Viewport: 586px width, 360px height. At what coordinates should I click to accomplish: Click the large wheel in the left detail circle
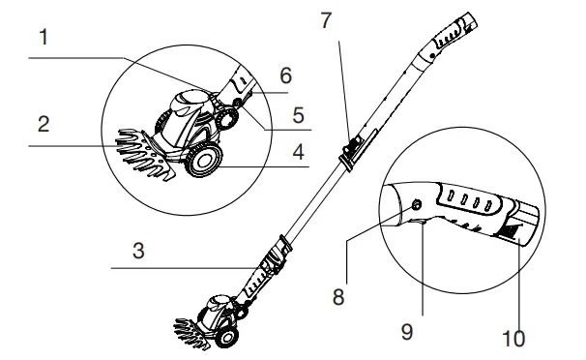tap(203, 162)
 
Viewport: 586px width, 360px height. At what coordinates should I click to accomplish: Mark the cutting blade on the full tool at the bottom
tap(190, 326)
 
